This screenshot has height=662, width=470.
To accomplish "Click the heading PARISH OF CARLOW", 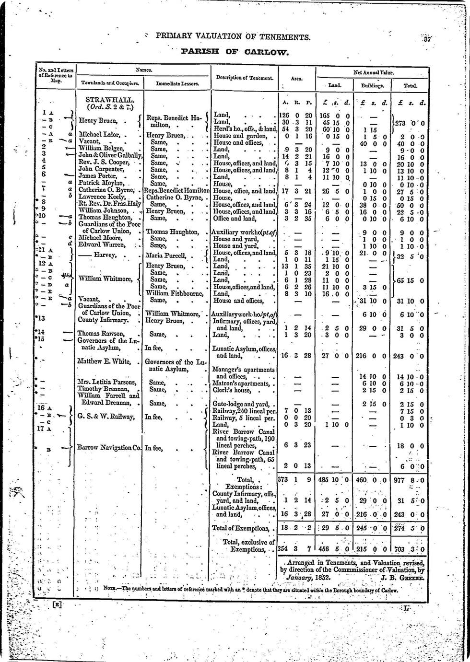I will tap(235, 51).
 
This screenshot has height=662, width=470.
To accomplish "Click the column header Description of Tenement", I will tap(245, 78).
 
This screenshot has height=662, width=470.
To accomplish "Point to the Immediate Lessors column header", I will tap(177, 83).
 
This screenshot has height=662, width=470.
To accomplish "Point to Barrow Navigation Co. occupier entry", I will tap(109, 448).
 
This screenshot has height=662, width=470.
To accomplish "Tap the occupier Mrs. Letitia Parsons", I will tap(107, 382).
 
